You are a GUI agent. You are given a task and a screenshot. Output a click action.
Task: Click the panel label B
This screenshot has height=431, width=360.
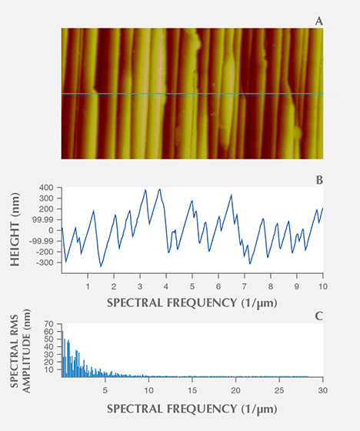click(x=318, y=181)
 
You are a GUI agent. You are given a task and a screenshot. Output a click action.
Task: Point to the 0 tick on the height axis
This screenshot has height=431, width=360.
click(x=50, y=230)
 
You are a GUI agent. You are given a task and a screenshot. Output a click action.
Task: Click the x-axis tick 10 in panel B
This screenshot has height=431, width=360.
click(x=321, y=284)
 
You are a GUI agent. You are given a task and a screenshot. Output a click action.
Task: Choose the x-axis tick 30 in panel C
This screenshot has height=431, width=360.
click(x=321, y=388)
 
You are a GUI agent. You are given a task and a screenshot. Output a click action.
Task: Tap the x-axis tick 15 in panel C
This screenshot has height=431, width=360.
click(x=192, y=388)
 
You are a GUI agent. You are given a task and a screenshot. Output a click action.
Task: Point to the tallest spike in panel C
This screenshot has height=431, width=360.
click(x=62, y=332)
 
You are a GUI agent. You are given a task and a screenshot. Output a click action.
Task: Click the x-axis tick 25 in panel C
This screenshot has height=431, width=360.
click(x=278, y=388)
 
